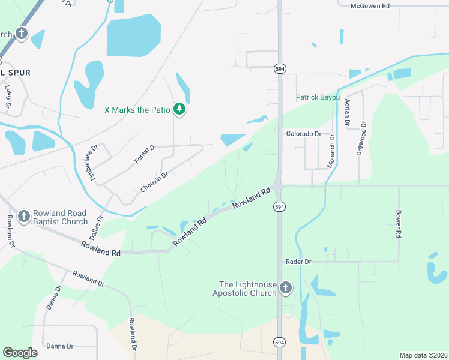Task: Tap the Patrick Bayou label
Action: pyautogui.click(x=318, y=97)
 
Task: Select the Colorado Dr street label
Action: pyautogui.click(x=303, y=134)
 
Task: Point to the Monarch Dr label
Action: pyautogui.click(x=331, y=152)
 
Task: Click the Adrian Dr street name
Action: pyautogui.click(x=347, y=113)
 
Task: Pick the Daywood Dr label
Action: pyautogui.click(x=361, y=139)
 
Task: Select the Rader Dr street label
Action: pyautogui.click(x=298, y=262)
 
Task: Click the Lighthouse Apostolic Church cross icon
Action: pyautogui.click(x=285, y=289)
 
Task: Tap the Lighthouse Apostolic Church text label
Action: pyautogui.click(x=247, y=289)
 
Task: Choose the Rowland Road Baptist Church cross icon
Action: pyautogui.click(x=24, y=217)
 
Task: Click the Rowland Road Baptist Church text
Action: pyautogui.click(x=60, y=217)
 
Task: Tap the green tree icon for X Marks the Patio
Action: pyautogui.click(x=179, y=109)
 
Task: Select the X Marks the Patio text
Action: pyautogui.click(x=137, y=110)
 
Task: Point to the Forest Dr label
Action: pyautogui.click(x=145, y=154)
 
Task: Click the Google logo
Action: pyautogui.click(x=20, y=353)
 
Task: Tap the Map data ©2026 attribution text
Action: pyautogui.click(x=423, y=355)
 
